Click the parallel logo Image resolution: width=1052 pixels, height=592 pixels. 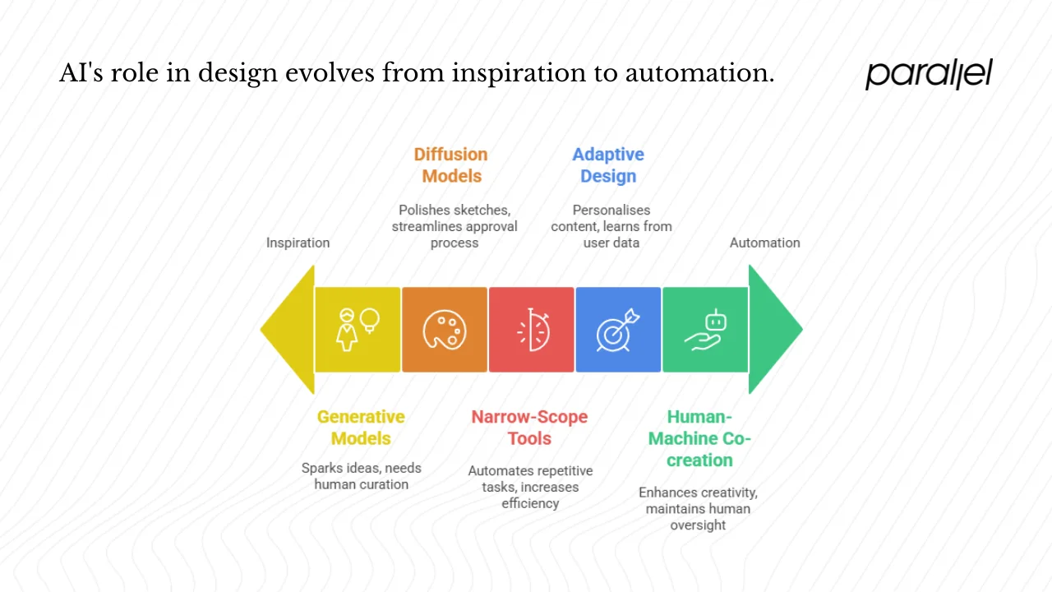point(929,74)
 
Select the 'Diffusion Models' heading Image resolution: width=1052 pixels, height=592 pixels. point(451,165)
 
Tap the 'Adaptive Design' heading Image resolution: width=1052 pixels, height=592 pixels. point(608,165)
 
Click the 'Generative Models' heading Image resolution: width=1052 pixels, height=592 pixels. point(361,428)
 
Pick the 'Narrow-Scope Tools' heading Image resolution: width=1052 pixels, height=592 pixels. point(529,428)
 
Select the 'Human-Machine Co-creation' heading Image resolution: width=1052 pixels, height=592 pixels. point(699,438)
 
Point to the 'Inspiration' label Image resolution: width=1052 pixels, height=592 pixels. point(298,243)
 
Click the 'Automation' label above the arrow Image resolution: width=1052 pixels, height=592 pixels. point(764,243)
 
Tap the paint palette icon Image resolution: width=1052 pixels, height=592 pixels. point(445,330)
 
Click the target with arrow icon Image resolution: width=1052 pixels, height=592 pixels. point(617,330)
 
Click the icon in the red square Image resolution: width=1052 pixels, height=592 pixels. point(532,330)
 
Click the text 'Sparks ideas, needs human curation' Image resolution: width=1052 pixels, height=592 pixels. point(361,476)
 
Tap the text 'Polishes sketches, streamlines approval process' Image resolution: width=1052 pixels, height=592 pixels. point(454,226)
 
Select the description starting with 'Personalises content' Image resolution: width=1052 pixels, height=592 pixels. point(611,226)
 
